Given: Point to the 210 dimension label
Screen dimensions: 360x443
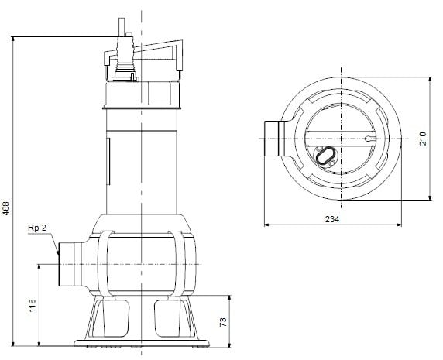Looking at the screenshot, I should pyautogui.click(x=423, y=139).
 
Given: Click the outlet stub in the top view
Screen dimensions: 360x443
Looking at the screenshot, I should pyautogui.click(x=273, y=139).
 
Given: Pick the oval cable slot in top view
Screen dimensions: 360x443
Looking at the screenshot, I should pyautogui.click(x=327, y=156).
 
